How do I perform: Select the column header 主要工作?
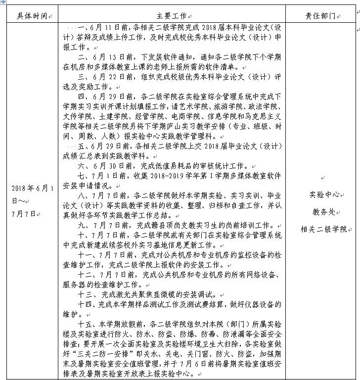coord(170,16)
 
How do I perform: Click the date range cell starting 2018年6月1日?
coord(31,200)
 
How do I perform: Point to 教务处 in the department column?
coord(323,212)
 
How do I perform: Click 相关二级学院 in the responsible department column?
coord(323,229)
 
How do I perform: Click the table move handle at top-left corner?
coord(2,2)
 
